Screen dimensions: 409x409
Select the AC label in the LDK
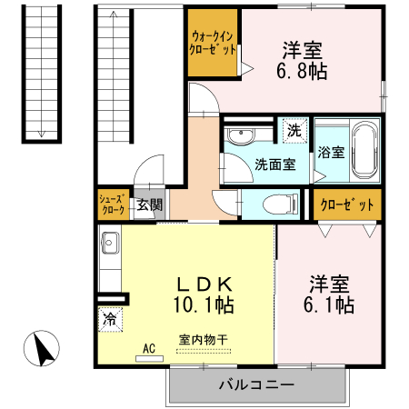[x=146, y=347]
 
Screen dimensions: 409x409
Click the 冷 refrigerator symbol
[x=110, y=319]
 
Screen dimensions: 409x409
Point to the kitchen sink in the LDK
[x=110, y=244]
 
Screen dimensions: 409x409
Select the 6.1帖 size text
[x=329, y=305]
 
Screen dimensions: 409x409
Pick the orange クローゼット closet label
[x=347, y=204]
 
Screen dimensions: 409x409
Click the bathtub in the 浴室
[x=365, y=151]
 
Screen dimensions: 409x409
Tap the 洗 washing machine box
[x=294, y=130]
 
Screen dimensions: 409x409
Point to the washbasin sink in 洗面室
[x=240, y=137]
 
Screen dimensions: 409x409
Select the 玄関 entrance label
[x=149, y=204]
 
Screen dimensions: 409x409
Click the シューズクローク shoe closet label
[x=113, y=204]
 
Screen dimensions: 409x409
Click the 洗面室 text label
[x=274, y=165]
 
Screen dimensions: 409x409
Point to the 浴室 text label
[x=331, y=152]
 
